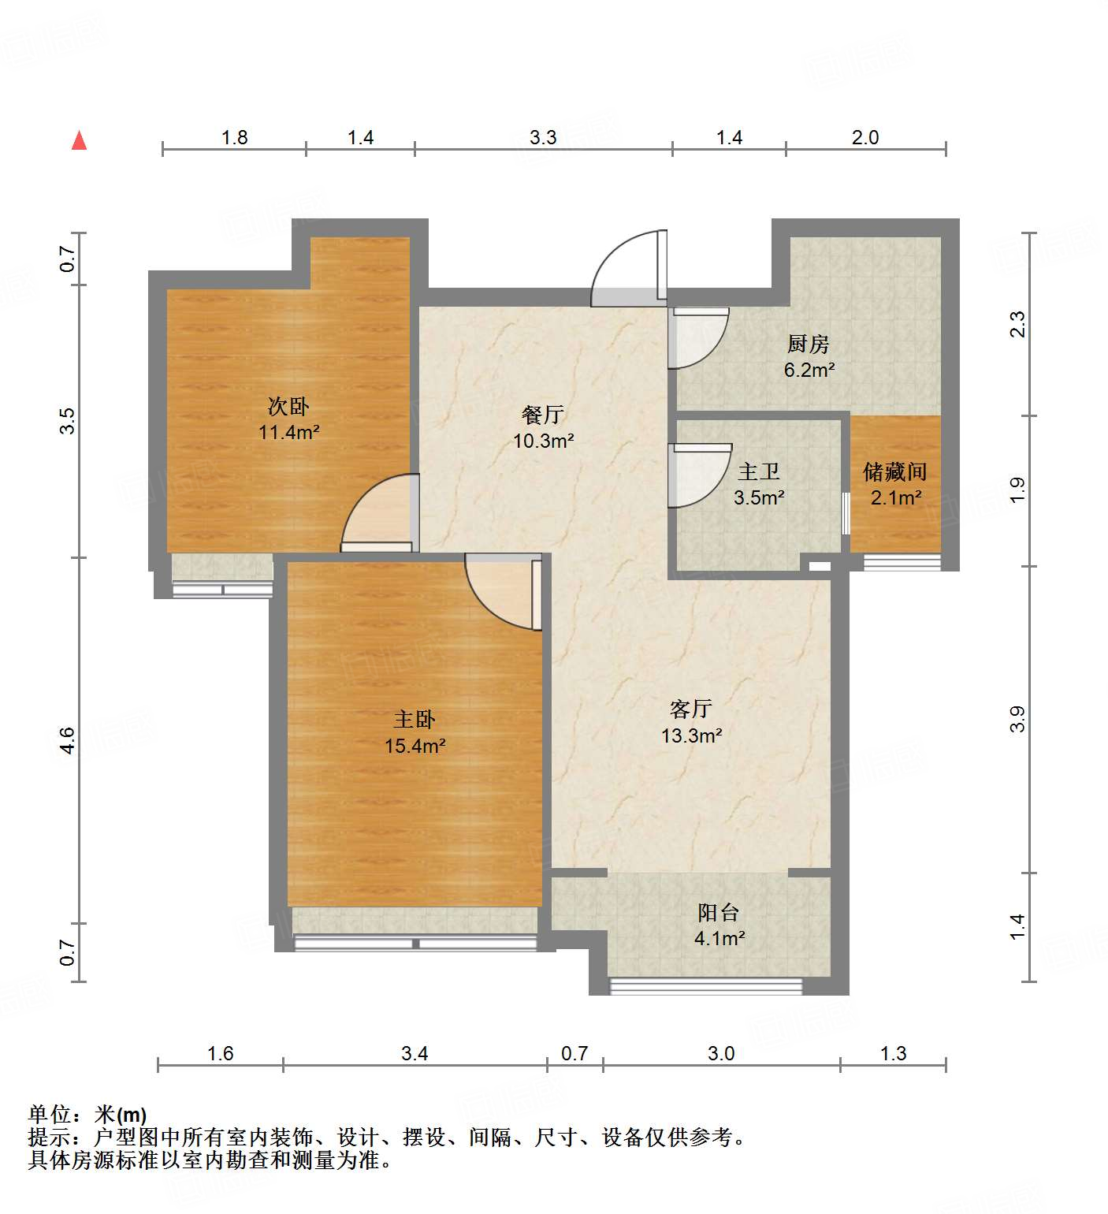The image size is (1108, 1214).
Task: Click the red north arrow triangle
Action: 79,141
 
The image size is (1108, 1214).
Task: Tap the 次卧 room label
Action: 288,407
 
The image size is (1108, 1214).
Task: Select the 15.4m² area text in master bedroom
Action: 415,746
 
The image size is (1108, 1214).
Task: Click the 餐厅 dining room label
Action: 543,415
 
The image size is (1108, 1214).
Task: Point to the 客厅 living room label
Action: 691,709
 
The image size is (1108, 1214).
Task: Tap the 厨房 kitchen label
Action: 809,344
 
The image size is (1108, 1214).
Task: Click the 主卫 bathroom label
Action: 758,472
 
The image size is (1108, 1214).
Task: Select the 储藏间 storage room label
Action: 895,472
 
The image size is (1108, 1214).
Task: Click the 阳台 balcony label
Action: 718,913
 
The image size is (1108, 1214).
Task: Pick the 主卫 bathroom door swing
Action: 698,476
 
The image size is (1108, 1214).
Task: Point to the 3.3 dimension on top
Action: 543,138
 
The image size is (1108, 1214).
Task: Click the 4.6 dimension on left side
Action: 68,740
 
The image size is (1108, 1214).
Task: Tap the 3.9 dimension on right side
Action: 1017,719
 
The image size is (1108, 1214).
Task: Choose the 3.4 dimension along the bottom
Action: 415,1054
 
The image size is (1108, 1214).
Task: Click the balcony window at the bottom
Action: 706,985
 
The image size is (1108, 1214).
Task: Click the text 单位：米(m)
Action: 87,1115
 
